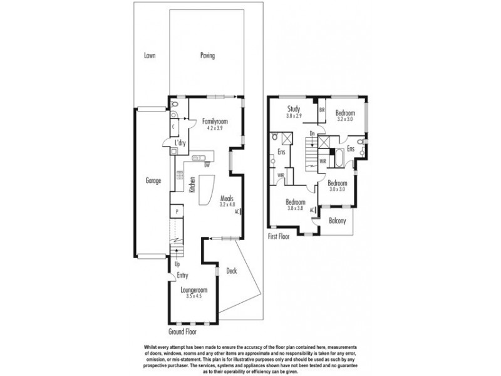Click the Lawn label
tap(149, 56)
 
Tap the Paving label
tap(207, 56)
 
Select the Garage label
tap(154, 180)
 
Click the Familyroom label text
tap(214, 121)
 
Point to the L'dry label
tap(180, 144)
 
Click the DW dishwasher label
tap(207, 165)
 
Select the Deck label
tap(231, 271)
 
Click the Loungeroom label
tap(194, 290)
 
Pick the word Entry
tap(182, 275)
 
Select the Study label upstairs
tap(294, 110)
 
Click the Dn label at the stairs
tap(312, 133)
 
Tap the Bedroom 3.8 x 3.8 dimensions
tap(295, 209)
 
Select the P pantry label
tap(178, 212)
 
